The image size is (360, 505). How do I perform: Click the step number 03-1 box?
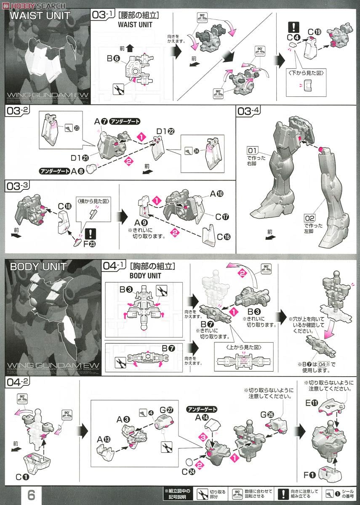(104, 16)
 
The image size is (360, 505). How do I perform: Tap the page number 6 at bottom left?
(31, 494)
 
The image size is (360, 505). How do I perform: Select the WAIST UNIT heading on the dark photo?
(40, 17)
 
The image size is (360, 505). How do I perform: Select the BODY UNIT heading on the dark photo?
(38, 267)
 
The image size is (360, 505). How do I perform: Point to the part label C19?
(314, 32)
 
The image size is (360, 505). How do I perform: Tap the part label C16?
(224, 237)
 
